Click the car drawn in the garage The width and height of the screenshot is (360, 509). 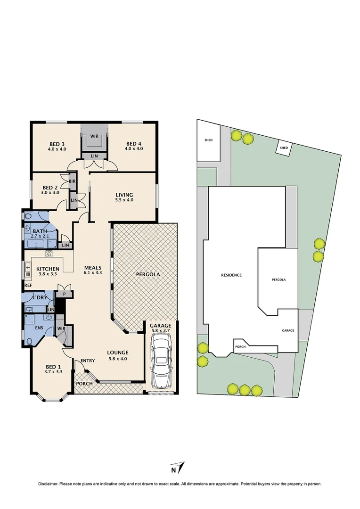click(x=161, y=365)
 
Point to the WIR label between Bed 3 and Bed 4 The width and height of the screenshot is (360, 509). click(x=94, y=136)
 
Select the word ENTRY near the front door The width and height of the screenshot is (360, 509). click(x=88, y=361)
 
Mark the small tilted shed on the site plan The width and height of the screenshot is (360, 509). click(x=284, y=148)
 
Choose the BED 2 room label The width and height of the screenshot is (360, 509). click(x=50, y=189)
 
